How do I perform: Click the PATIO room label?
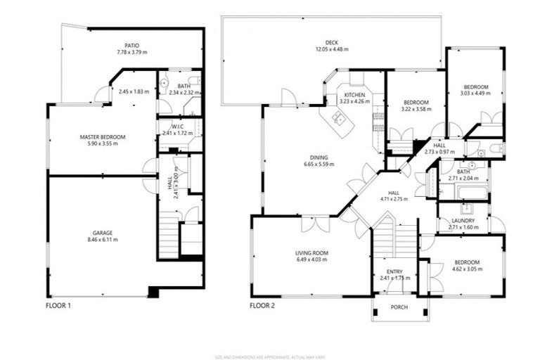132,44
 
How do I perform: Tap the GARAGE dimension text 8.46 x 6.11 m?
102,240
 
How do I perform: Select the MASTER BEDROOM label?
103,136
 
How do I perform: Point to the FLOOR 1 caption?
58,306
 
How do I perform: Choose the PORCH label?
399,307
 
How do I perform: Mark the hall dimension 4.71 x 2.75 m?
394,199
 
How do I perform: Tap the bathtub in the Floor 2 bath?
463,193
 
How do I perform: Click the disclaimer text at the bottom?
270,354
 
